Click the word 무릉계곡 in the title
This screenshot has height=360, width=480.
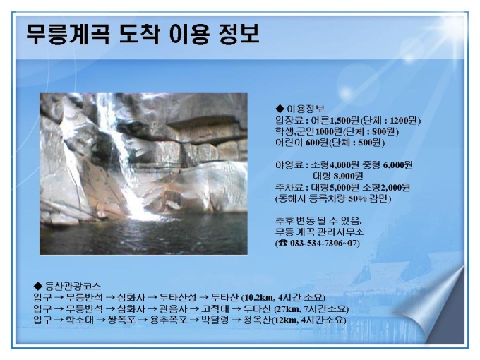tap(68, 34)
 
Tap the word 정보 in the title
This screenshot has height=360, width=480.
tap(239, 34)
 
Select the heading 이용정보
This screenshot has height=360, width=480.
tap(305, 109)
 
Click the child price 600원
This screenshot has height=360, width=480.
tap(317, 143)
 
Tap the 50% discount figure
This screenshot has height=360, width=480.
tap(357, 198)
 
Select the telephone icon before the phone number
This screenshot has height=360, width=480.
tap(283, 244)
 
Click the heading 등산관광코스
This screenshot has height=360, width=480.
tap(73, 286)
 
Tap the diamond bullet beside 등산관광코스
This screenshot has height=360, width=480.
tap(38, 286)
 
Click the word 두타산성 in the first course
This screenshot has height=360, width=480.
tap(178, 297)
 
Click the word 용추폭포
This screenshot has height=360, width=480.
tap(169, 320)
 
